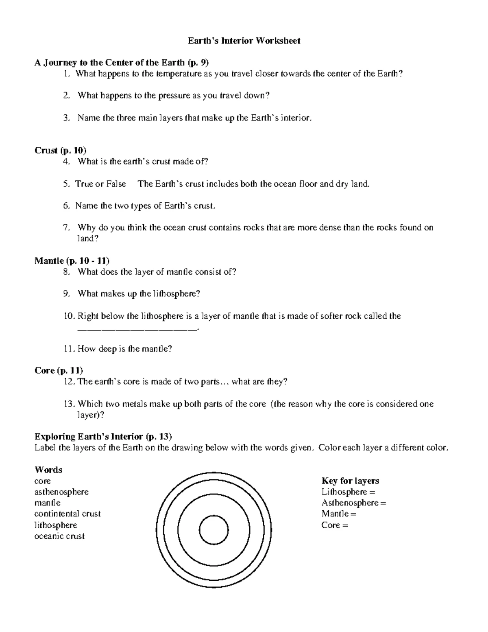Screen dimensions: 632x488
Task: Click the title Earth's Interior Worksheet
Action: tap(244, 41)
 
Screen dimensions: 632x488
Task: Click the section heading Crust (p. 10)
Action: tap(60, 151)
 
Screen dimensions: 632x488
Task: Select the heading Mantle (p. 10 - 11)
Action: tap(72, 261)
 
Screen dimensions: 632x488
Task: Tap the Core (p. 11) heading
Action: tap(59, 371)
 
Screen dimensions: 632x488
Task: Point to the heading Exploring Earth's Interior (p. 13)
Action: tap(103, 437)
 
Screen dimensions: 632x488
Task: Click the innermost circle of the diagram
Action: tap(214, 530)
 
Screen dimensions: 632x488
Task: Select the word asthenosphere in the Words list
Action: tap(61, 492)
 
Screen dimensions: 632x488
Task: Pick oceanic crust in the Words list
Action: tap(59, 536)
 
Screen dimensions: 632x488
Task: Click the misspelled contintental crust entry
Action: tap(68, 514)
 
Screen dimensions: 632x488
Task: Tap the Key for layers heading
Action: tap(350, 481)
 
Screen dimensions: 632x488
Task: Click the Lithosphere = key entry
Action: tap(348, 492)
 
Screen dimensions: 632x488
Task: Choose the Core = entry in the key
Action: tap(335, 525)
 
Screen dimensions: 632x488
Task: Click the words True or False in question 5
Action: tap(100, 184)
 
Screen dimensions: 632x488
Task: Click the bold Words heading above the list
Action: tap(48, 470)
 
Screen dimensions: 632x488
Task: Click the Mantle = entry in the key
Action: tap(338, 514)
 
